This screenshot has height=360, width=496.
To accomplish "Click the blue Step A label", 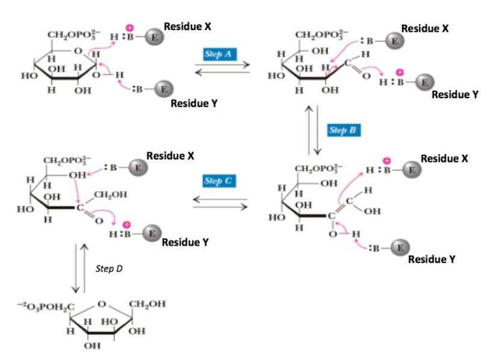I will [x=220, y=54].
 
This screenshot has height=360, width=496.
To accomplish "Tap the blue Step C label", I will [x=220, y=181].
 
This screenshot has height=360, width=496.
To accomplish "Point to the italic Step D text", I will [x=109, y=268].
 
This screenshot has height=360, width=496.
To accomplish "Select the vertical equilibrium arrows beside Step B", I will [x=315, y=129].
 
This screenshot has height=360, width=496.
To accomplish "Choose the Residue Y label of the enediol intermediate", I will [x=431, y=259].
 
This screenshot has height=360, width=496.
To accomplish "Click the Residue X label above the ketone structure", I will [x=170, y=155].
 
